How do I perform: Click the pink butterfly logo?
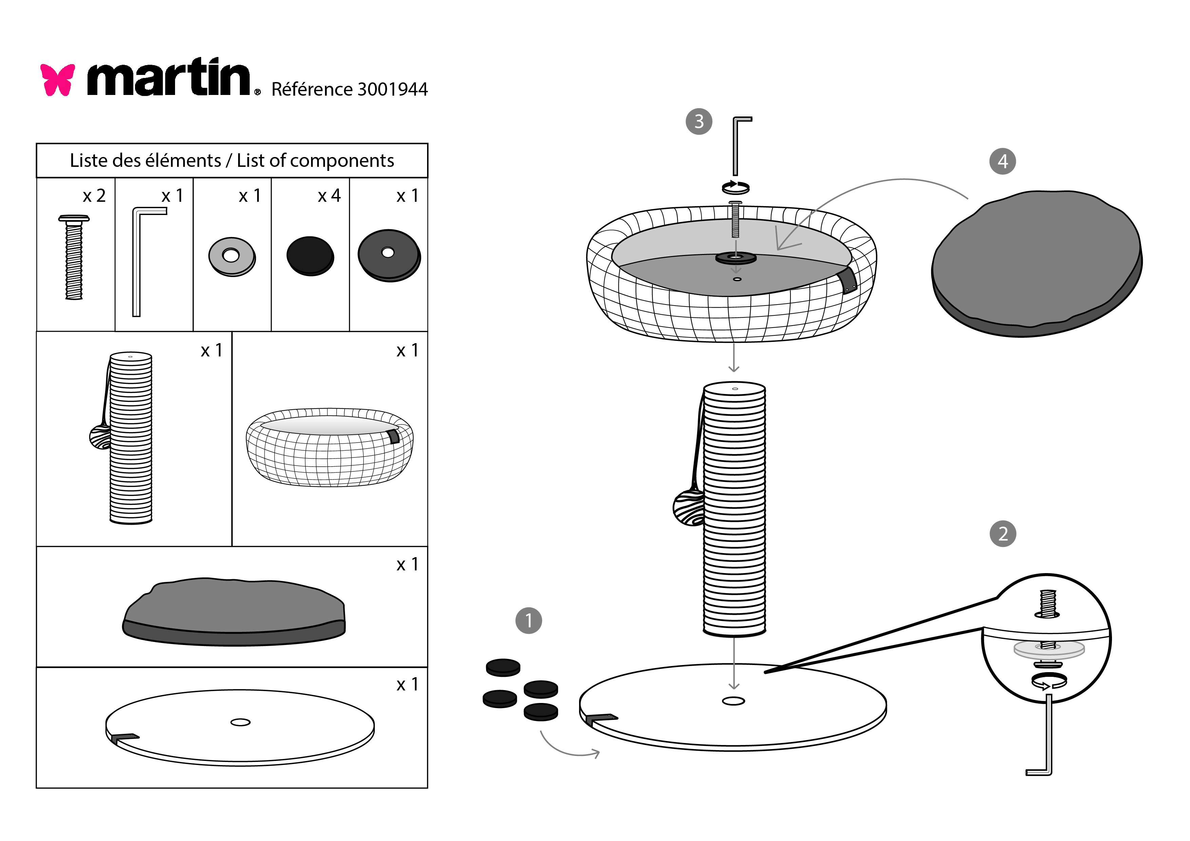[58, 79]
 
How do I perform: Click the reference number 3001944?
[392, 90]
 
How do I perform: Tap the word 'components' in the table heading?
[342, 161]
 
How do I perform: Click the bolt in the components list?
[74, 257]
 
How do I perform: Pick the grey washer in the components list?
[232, 256]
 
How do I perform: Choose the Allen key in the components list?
[138, 259]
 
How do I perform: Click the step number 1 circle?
[528, 620]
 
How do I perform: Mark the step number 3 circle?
[699, 121]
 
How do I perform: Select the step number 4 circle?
[1002, 161]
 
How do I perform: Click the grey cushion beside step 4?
[1037, 264]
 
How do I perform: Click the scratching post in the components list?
[131, 438]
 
